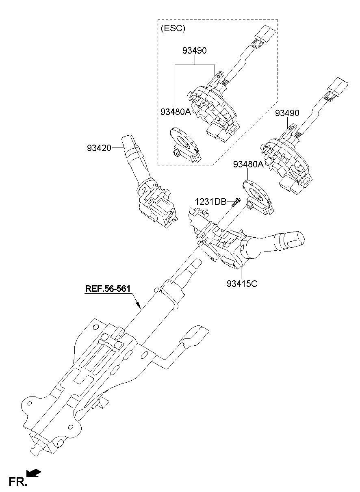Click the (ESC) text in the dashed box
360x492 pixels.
tap(173, 28)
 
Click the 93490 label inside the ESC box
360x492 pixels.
tap(194, 51)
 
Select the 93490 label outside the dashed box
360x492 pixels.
tap(287, 113)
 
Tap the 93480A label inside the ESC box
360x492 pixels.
tap(175, 111)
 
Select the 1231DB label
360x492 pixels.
tap(210, 201)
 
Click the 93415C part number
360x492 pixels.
tap(242, 283)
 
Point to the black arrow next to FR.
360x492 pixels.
tap(34, 472)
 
